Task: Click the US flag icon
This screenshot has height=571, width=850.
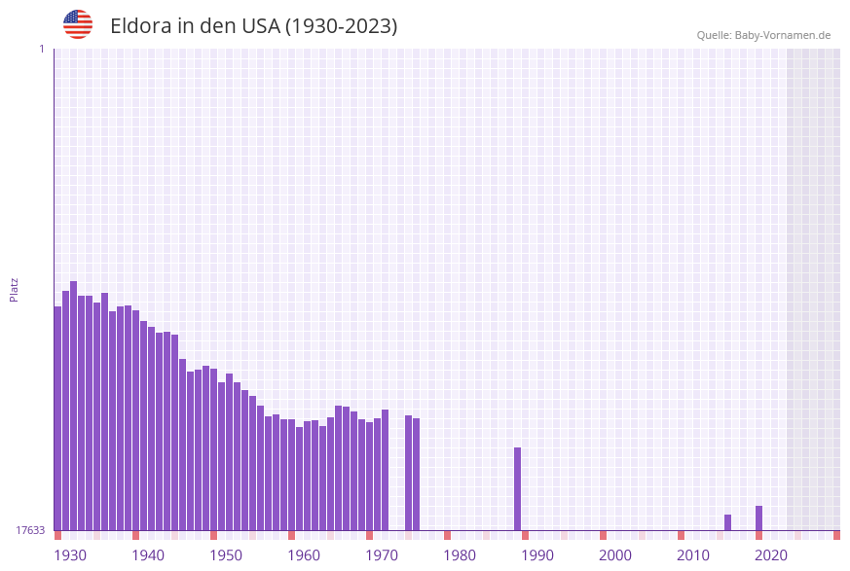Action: tap(78, 24)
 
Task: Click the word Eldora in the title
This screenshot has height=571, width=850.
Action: tap(141, 26)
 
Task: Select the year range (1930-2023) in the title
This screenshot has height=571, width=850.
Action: tap(341, 26)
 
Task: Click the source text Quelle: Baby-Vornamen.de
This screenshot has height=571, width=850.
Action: tap(763, 35)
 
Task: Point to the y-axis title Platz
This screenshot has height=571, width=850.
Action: tap(15, 289)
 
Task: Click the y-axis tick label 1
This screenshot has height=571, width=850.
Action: tap(41, 49)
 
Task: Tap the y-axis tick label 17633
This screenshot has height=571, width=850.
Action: tap(30, 530)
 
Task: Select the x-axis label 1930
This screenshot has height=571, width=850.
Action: tap(70, 555)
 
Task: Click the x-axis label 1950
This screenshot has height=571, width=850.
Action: tap(226, 555)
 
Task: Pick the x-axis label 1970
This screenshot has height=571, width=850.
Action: tap(382, 555)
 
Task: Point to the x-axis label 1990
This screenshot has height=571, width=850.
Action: tap(537, 555)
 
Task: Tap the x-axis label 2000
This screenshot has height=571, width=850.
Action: tap(615, 555)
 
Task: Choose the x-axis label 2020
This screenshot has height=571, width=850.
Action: tap(771, 555)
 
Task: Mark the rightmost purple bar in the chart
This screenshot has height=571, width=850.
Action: tap(758, 517)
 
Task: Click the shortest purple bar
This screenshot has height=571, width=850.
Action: tap(727, 522)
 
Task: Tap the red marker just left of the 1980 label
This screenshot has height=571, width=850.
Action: tap(447, 535)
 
